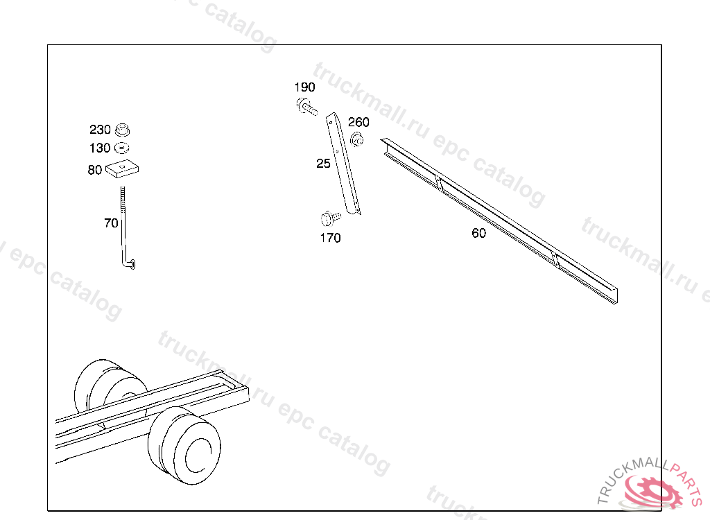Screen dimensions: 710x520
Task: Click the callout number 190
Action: tap(305, 87)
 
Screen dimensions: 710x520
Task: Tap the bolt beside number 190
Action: tap(306, 107)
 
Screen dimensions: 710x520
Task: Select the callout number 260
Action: tap(358, 122)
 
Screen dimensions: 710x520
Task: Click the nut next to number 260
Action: tap(357, 139)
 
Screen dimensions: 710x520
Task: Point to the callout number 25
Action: tap(323, 164)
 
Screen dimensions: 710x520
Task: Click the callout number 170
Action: tap(330, 238)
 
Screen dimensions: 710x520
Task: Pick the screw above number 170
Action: tap(330, 218)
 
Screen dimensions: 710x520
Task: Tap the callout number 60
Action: tap(478, 233)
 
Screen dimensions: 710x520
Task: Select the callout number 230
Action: tap(100, 130)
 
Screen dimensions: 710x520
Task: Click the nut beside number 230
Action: tap(122, 130)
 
